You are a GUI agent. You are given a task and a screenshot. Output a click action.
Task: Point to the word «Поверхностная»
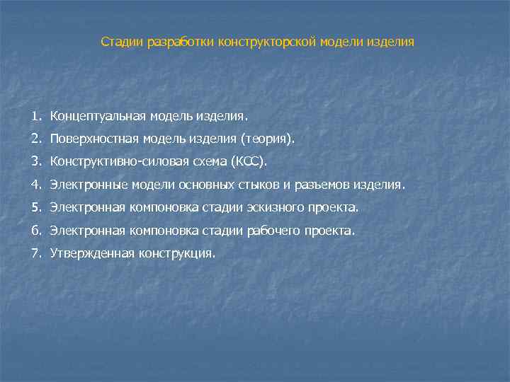click(x=93, y=139)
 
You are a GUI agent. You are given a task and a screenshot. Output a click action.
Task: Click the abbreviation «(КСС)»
click(x=251, y=162)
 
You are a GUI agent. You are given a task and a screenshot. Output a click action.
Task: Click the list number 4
click(x=36, y=185)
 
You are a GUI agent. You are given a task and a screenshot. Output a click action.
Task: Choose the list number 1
click(x=36, y=115)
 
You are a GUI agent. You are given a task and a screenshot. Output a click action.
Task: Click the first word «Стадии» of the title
click(x=121, y=42)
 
